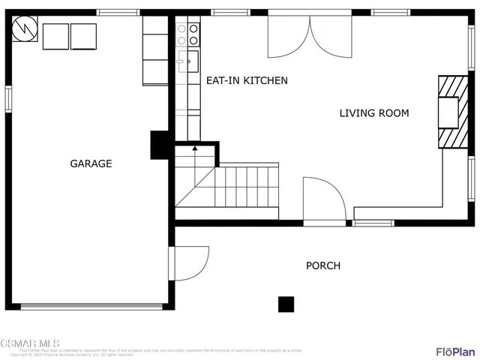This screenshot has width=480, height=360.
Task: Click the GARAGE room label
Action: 91,163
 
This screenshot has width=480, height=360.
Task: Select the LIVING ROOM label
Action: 374,113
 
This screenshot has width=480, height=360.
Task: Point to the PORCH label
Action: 322,265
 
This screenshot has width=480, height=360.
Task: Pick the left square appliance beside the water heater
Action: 55,36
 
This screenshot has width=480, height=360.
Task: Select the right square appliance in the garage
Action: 83,36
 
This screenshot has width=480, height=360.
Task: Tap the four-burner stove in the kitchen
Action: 187,34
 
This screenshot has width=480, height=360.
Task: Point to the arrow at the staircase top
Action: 195,149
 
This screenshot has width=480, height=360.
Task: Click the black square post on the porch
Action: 286,304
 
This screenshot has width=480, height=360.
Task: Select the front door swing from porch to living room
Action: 322,201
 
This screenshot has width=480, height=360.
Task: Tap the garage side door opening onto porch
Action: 190,262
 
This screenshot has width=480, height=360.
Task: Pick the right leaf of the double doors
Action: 331,37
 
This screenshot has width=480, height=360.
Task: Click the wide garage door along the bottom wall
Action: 91,306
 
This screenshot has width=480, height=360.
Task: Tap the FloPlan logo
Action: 454,351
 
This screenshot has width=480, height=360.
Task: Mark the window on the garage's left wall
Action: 8,98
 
